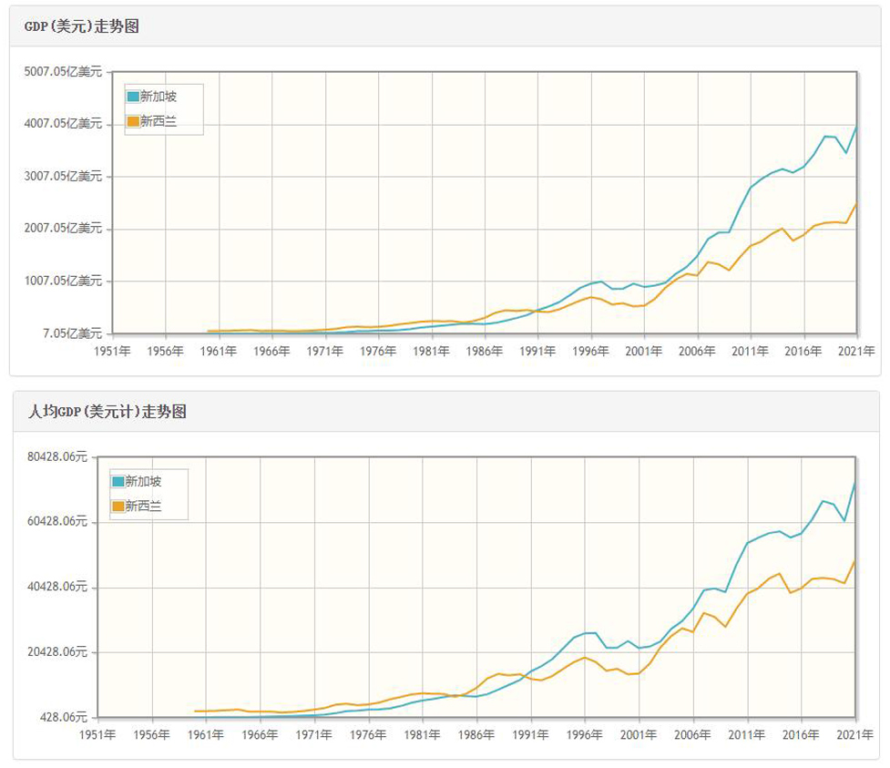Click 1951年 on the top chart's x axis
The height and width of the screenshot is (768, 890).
(114, 351)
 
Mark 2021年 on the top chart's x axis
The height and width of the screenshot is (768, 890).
(856, 351)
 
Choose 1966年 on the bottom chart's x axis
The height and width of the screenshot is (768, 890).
(260, 734)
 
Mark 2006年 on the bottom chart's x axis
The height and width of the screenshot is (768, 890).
(692, 734)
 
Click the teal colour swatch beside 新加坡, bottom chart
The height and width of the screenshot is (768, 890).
(118, 481)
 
